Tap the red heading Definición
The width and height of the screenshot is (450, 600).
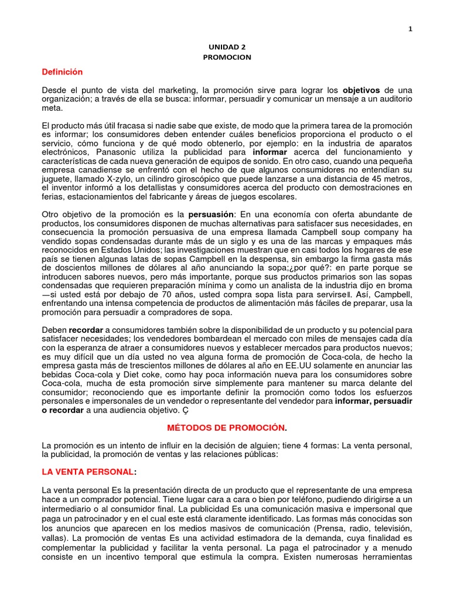tap(62, 72)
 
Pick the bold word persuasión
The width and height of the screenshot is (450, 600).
tap(211, 214)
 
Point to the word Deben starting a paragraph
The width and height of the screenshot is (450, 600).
tap(54, 330)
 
